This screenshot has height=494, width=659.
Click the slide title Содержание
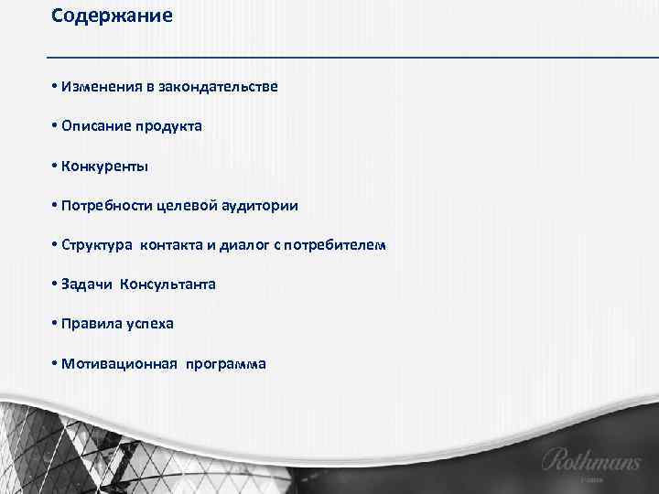[112, 16]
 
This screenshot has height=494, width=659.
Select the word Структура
[97, 245]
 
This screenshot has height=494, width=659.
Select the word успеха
[149, 324]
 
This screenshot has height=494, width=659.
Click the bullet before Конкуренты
[55, 166]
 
